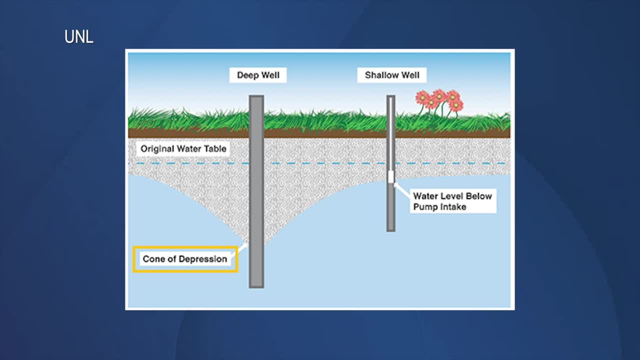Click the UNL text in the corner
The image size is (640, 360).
[x=79, y=37]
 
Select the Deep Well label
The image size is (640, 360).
[x=258, y=75]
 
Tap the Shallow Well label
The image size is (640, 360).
[x=392, y=75]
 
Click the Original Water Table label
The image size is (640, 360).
[x=183, y=148]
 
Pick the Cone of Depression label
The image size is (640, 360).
[x=185, y=259]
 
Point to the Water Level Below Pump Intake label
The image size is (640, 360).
[x=452, y=201]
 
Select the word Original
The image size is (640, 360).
[x=157, y=148]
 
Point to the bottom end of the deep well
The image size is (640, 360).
[x=256, y=285]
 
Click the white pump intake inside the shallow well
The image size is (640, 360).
[x=391, y=177]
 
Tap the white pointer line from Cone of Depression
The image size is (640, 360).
[x=242, y=248]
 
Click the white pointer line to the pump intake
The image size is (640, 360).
[x=401, y=189]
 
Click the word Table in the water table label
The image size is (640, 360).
[x=216, y=148]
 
